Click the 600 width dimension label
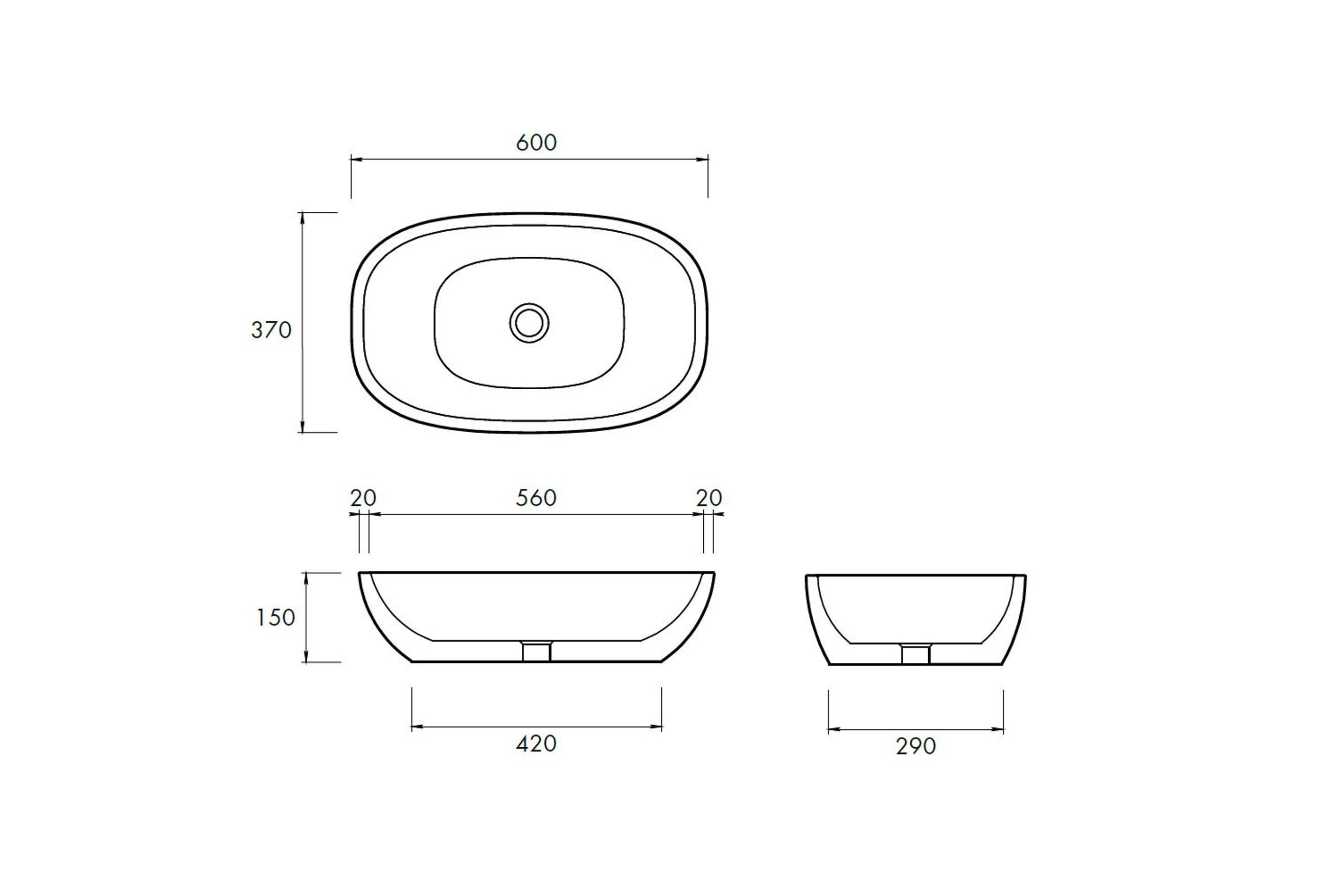[536, 143]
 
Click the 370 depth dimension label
[271, 330]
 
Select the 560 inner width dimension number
[536, 498]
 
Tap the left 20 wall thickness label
[363, 498]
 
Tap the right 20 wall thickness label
[709, 498]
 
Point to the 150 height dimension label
[275, 617]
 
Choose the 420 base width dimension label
[536, 744]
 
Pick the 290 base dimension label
[915, 746]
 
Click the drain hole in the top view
[529, 323]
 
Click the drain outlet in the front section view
[536, 651]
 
